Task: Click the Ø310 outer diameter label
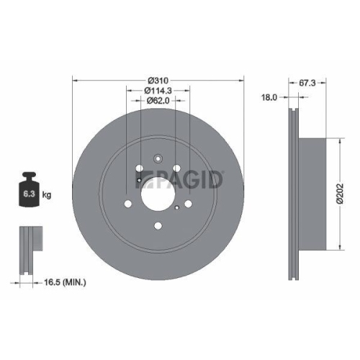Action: click(x=158, y=78)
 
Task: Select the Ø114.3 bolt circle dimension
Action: click(x=158, y=90)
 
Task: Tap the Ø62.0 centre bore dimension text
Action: click(x=158, y=101)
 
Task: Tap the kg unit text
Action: click(x=47, y=194)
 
